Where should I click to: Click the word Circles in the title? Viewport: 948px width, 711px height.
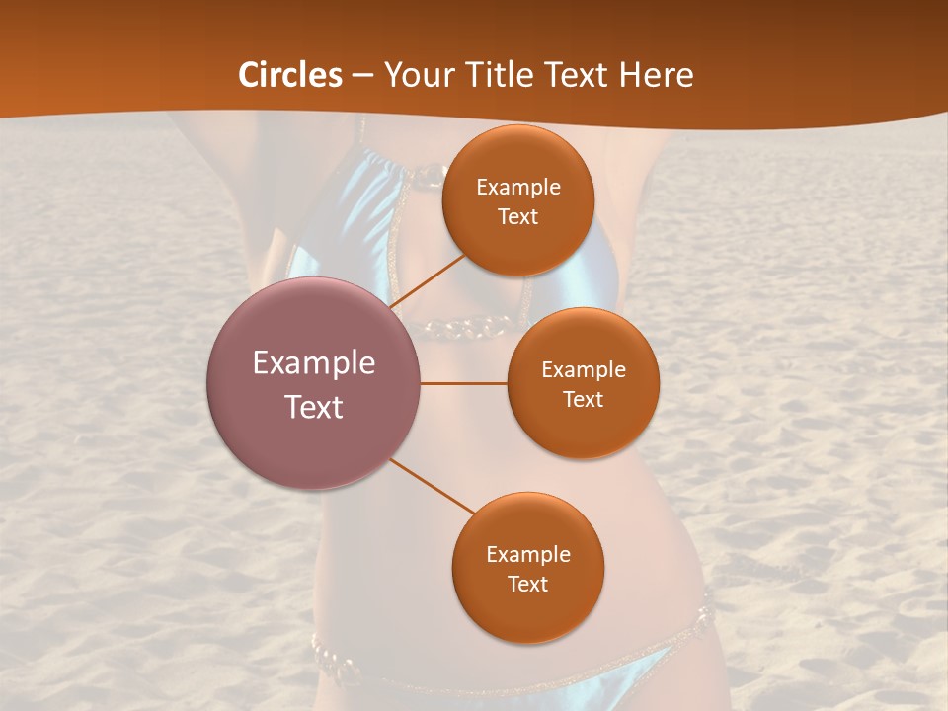289,75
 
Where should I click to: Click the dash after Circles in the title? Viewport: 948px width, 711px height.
362,76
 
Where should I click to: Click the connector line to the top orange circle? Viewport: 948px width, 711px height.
429,280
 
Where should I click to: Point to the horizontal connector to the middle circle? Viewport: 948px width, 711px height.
464,383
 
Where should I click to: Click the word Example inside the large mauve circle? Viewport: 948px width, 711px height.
314,363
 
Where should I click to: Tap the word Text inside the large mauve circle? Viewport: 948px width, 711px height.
314,407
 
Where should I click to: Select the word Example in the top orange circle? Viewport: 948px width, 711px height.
518,188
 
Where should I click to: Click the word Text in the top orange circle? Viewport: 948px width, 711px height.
517,217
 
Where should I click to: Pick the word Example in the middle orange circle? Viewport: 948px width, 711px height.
584,370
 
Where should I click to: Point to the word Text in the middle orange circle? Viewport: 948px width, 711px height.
583,400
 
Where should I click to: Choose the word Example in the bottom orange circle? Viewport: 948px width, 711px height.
528,555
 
